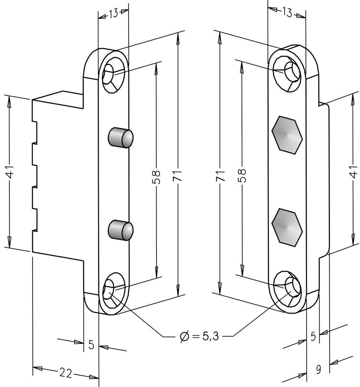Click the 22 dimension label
65,373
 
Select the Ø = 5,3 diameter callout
199,336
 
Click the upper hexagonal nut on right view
287,135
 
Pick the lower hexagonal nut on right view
287,227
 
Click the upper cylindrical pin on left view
121,138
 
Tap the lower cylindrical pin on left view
121,230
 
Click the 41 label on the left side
10,171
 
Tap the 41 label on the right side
354,172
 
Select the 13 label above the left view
113,14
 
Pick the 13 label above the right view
287,12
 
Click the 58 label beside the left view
156,177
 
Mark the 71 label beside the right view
220,175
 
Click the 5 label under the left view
92,345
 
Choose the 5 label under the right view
313,336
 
